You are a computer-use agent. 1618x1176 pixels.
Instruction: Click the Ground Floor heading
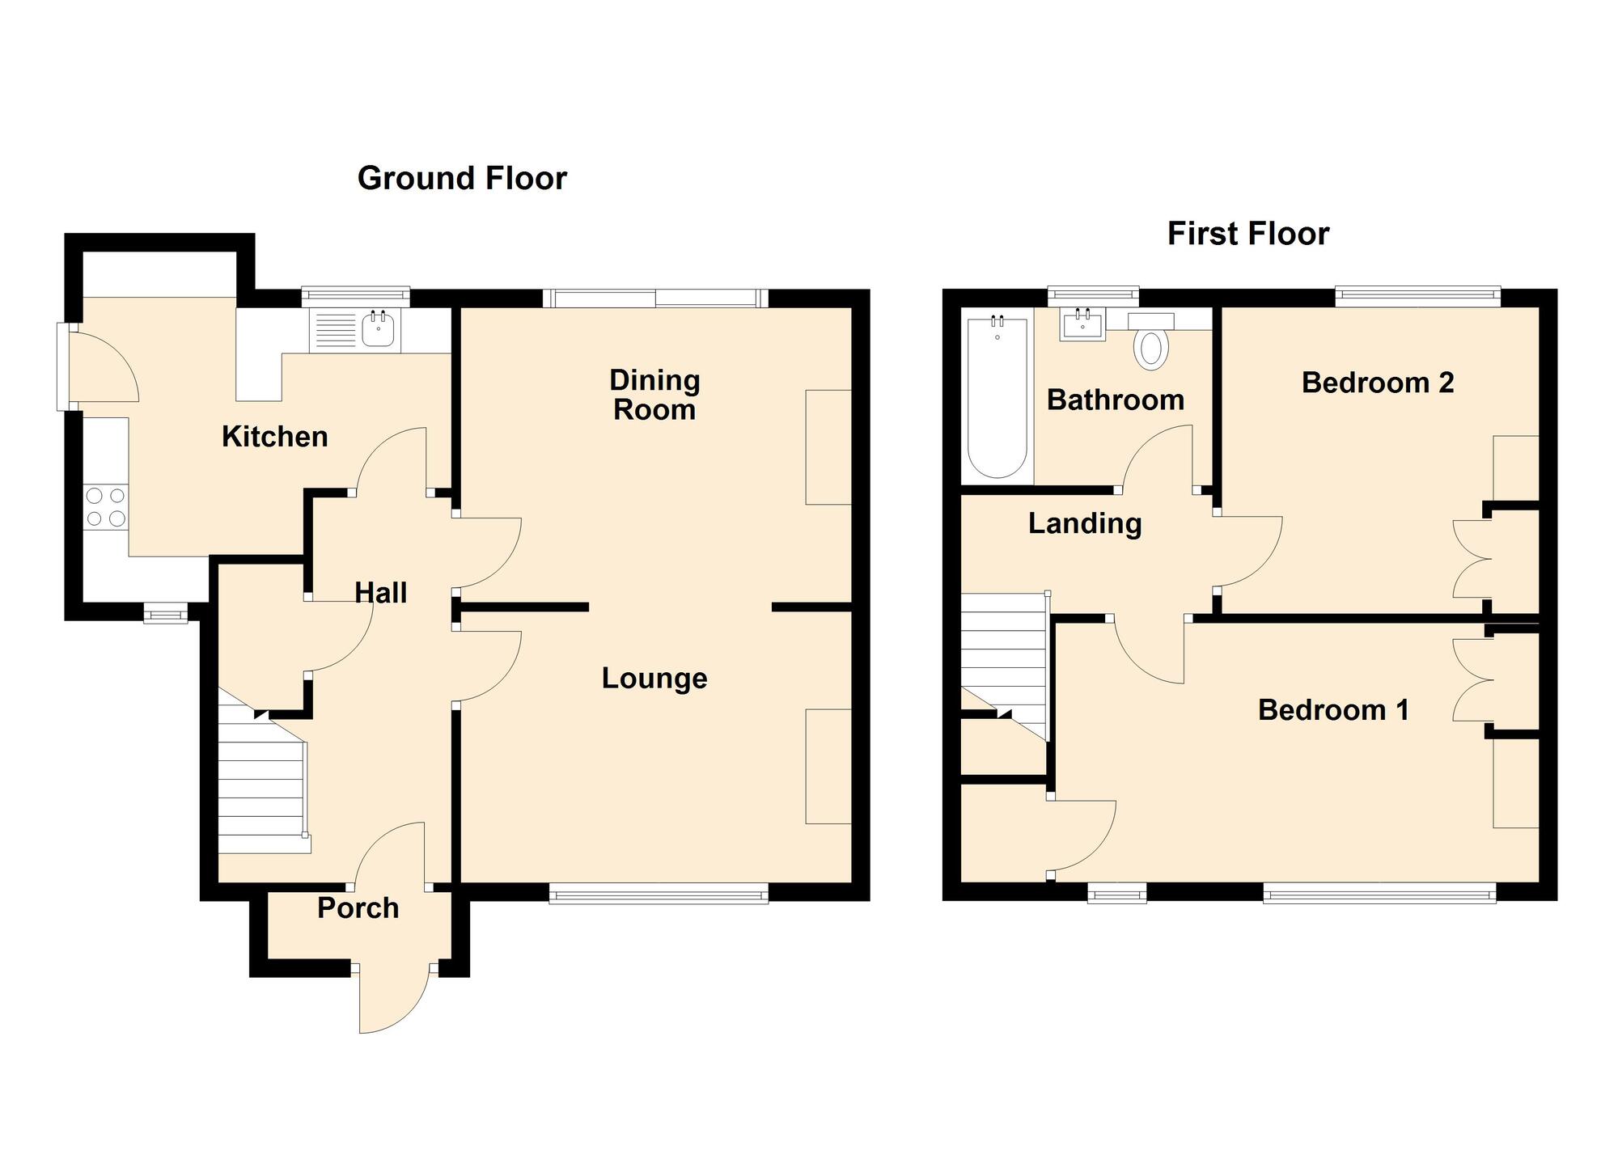462,178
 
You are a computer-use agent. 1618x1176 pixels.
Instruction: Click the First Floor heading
1247,234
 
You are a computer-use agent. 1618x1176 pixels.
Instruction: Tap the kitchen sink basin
378,329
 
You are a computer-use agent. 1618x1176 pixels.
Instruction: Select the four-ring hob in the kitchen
106,507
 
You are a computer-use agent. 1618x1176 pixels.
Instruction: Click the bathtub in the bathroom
997,398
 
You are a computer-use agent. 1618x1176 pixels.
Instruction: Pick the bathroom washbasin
1082,326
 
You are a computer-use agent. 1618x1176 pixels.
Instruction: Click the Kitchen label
275,437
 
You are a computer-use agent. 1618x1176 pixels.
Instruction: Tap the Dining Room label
654,395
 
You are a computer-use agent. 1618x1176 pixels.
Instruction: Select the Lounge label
654,678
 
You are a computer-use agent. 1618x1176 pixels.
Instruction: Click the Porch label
358,907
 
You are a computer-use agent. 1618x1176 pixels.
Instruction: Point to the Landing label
1085,523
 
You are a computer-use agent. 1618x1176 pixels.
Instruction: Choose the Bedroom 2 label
1377,382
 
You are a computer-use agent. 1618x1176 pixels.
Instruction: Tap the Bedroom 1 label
1333,709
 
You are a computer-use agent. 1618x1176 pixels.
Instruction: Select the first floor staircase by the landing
1003,655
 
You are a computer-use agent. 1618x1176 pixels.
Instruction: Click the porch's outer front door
393,999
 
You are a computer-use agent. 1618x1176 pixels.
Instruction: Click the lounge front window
658,893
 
